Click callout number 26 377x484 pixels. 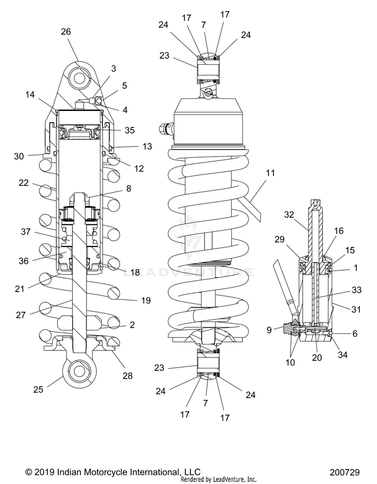66,31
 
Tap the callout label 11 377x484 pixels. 270,173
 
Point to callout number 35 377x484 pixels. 130,130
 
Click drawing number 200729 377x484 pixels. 344,472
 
